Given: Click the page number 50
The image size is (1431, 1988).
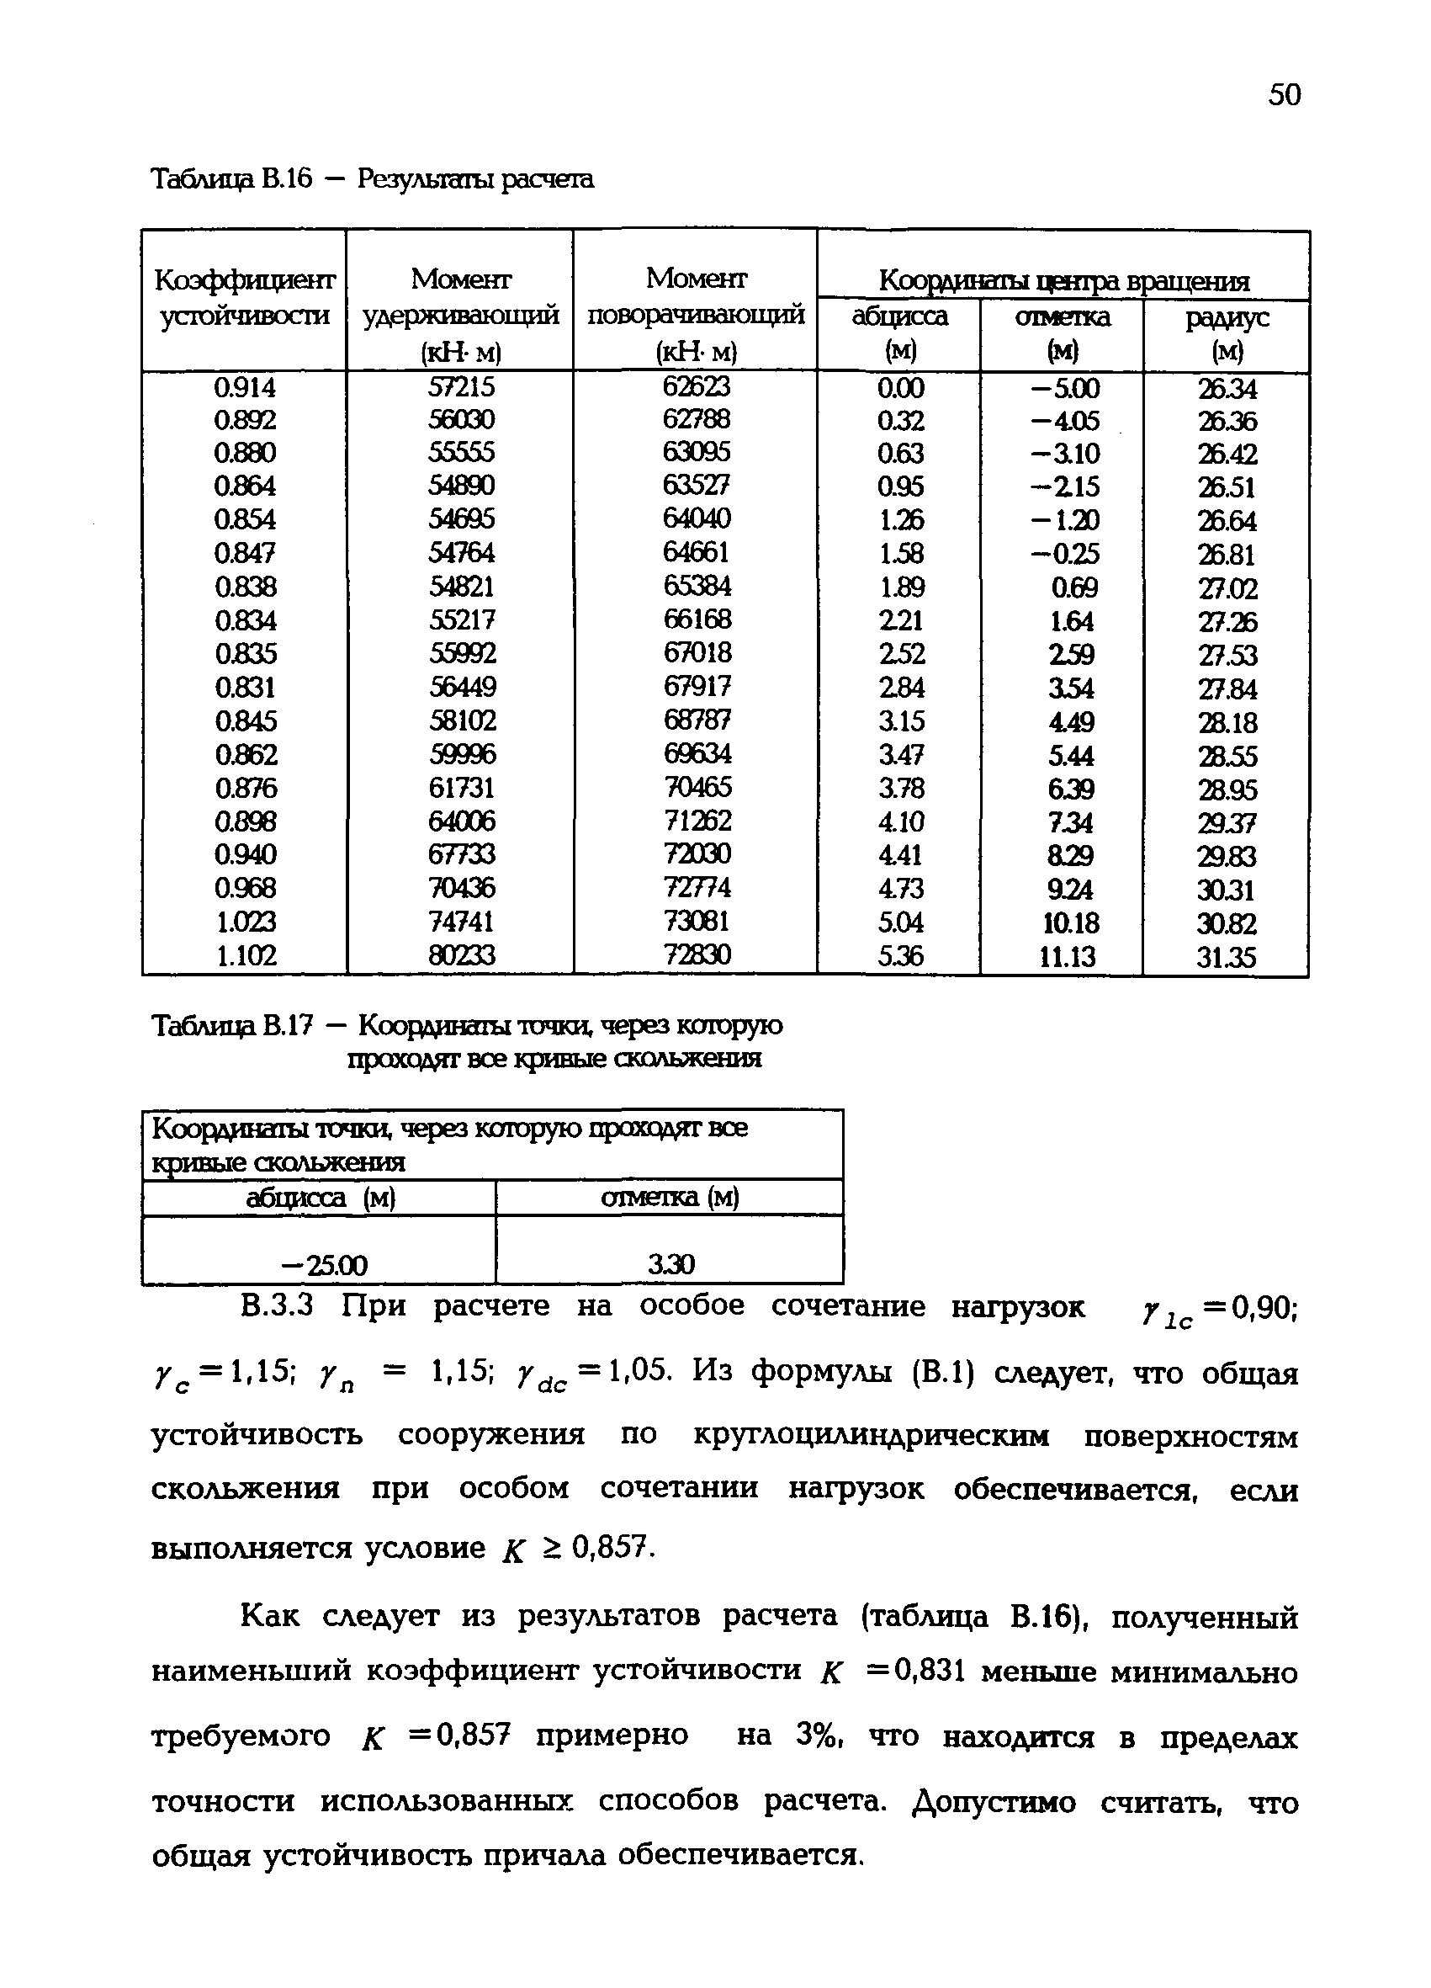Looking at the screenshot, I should click(x=1284, y=93).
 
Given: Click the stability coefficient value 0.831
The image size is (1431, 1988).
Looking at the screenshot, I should click(x=246, y=687).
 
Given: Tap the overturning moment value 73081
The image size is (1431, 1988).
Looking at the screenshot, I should click(x=697, y=921).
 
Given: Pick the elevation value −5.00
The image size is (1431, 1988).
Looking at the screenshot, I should click(x=1064, y=388).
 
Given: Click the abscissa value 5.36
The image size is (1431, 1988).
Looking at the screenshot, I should click(x=900, y=955).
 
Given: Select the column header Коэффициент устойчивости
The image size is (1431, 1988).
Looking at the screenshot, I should click(x=245, y=297).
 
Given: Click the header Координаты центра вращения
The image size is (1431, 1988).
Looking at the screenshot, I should click(x=1063, y=281).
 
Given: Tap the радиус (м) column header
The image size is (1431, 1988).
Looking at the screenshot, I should click(x=1226, y=334).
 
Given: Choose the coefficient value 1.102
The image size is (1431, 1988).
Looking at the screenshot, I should click(x=246, y=954).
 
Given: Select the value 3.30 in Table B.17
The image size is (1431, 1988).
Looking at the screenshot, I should click(x=670, y=1264).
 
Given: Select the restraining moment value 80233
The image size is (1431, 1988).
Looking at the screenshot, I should click(x=461, y=954).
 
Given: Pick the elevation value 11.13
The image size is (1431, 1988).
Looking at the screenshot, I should click(x=1067, y=956).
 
